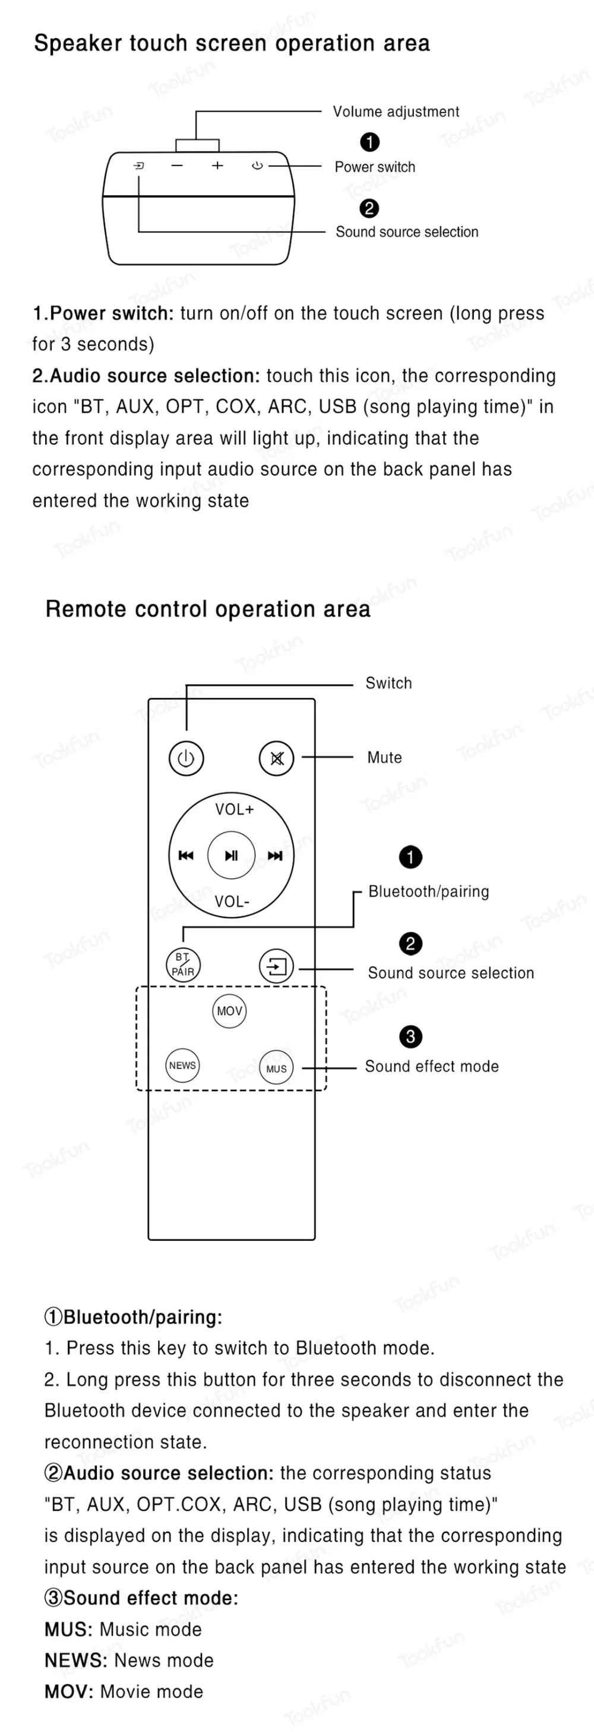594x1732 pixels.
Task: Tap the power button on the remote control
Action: click(x=185, y=759)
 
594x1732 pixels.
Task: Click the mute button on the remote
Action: click(x=276, y=759)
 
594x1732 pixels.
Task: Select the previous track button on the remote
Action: click(x=185, y=855)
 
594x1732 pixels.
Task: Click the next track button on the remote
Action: click(x=275, y=855)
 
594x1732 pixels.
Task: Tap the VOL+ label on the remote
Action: click(x=234, y=810)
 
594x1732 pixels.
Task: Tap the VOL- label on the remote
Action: click(x=232, y=901)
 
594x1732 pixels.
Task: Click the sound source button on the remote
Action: click(x=276, y=966)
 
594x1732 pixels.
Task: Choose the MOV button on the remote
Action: click(x=229, y=1011)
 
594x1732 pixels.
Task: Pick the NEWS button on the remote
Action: click(x=182, y=1065)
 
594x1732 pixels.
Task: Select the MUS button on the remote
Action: click(x=276, y=1068)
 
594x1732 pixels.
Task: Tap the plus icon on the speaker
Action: click(x=217, y=165)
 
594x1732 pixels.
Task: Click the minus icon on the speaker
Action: click(x=177, y=165)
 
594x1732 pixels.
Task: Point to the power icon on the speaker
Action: click(x=257, y=165)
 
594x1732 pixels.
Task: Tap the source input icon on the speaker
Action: click(x=138, y=165)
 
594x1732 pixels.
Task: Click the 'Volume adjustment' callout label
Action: click(x=396, y=112)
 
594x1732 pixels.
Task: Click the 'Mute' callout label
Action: click(x=384, y=757)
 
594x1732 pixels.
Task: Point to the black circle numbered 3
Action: click(x=410, y=1036)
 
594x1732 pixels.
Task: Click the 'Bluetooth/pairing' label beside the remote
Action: click(x=429, y=891)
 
